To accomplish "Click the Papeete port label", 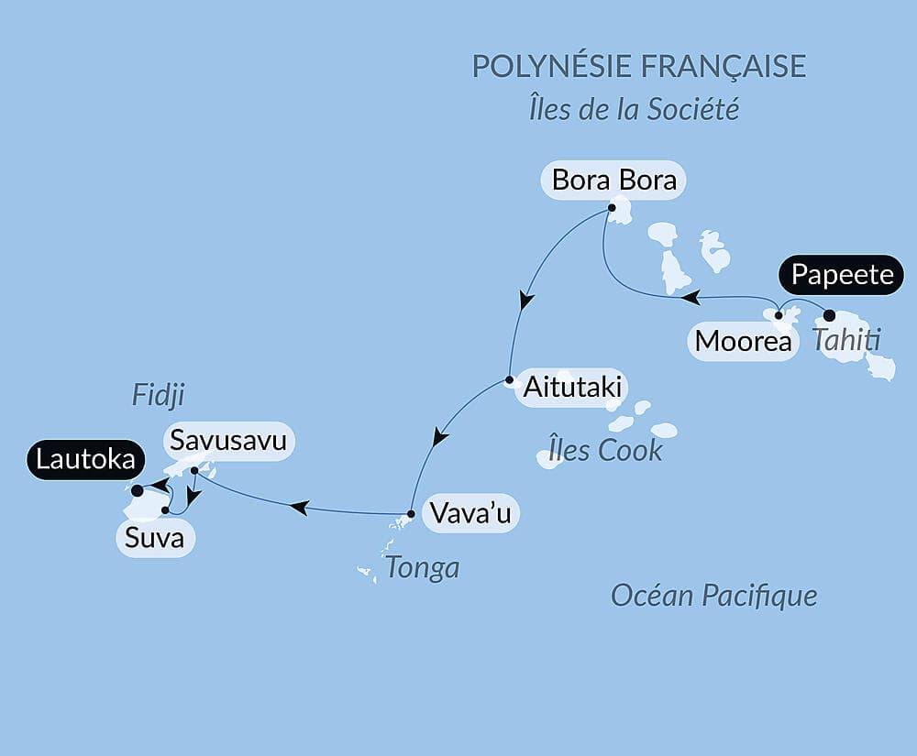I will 842,275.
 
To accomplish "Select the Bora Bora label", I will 614,180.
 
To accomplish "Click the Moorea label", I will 743,341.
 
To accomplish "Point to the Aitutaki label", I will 571,388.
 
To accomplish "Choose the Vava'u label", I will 469,514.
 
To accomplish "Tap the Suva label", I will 154,538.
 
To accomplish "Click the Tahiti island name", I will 845,341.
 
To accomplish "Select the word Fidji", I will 159,396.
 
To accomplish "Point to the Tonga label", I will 422,568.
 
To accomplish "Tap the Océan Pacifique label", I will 714,597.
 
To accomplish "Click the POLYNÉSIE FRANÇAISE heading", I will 638,66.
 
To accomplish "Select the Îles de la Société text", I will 635,110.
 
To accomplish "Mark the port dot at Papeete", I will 830,315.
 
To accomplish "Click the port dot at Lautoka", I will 138,491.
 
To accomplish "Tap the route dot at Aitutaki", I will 509,380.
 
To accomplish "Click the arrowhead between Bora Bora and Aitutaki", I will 525,301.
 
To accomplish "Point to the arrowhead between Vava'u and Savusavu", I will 298,505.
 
